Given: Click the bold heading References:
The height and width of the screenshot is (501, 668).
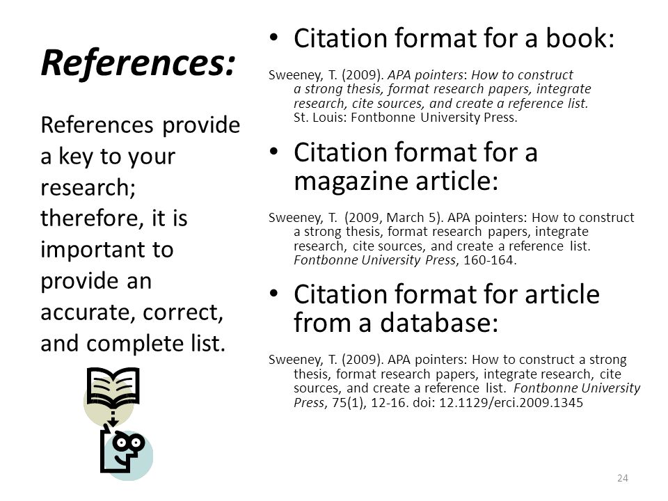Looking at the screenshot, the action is (x=138, y=63).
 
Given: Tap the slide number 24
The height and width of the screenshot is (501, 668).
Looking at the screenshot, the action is (x=622, y=478).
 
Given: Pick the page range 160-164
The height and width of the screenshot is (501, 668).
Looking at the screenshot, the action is (x=488, y=260).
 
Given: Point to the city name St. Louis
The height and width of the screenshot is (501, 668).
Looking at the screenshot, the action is (x=319, y=118).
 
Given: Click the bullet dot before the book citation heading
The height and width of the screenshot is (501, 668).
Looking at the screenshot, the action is (x=274, y=38).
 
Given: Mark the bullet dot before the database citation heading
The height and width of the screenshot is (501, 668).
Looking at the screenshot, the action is (x=274, y=294).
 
